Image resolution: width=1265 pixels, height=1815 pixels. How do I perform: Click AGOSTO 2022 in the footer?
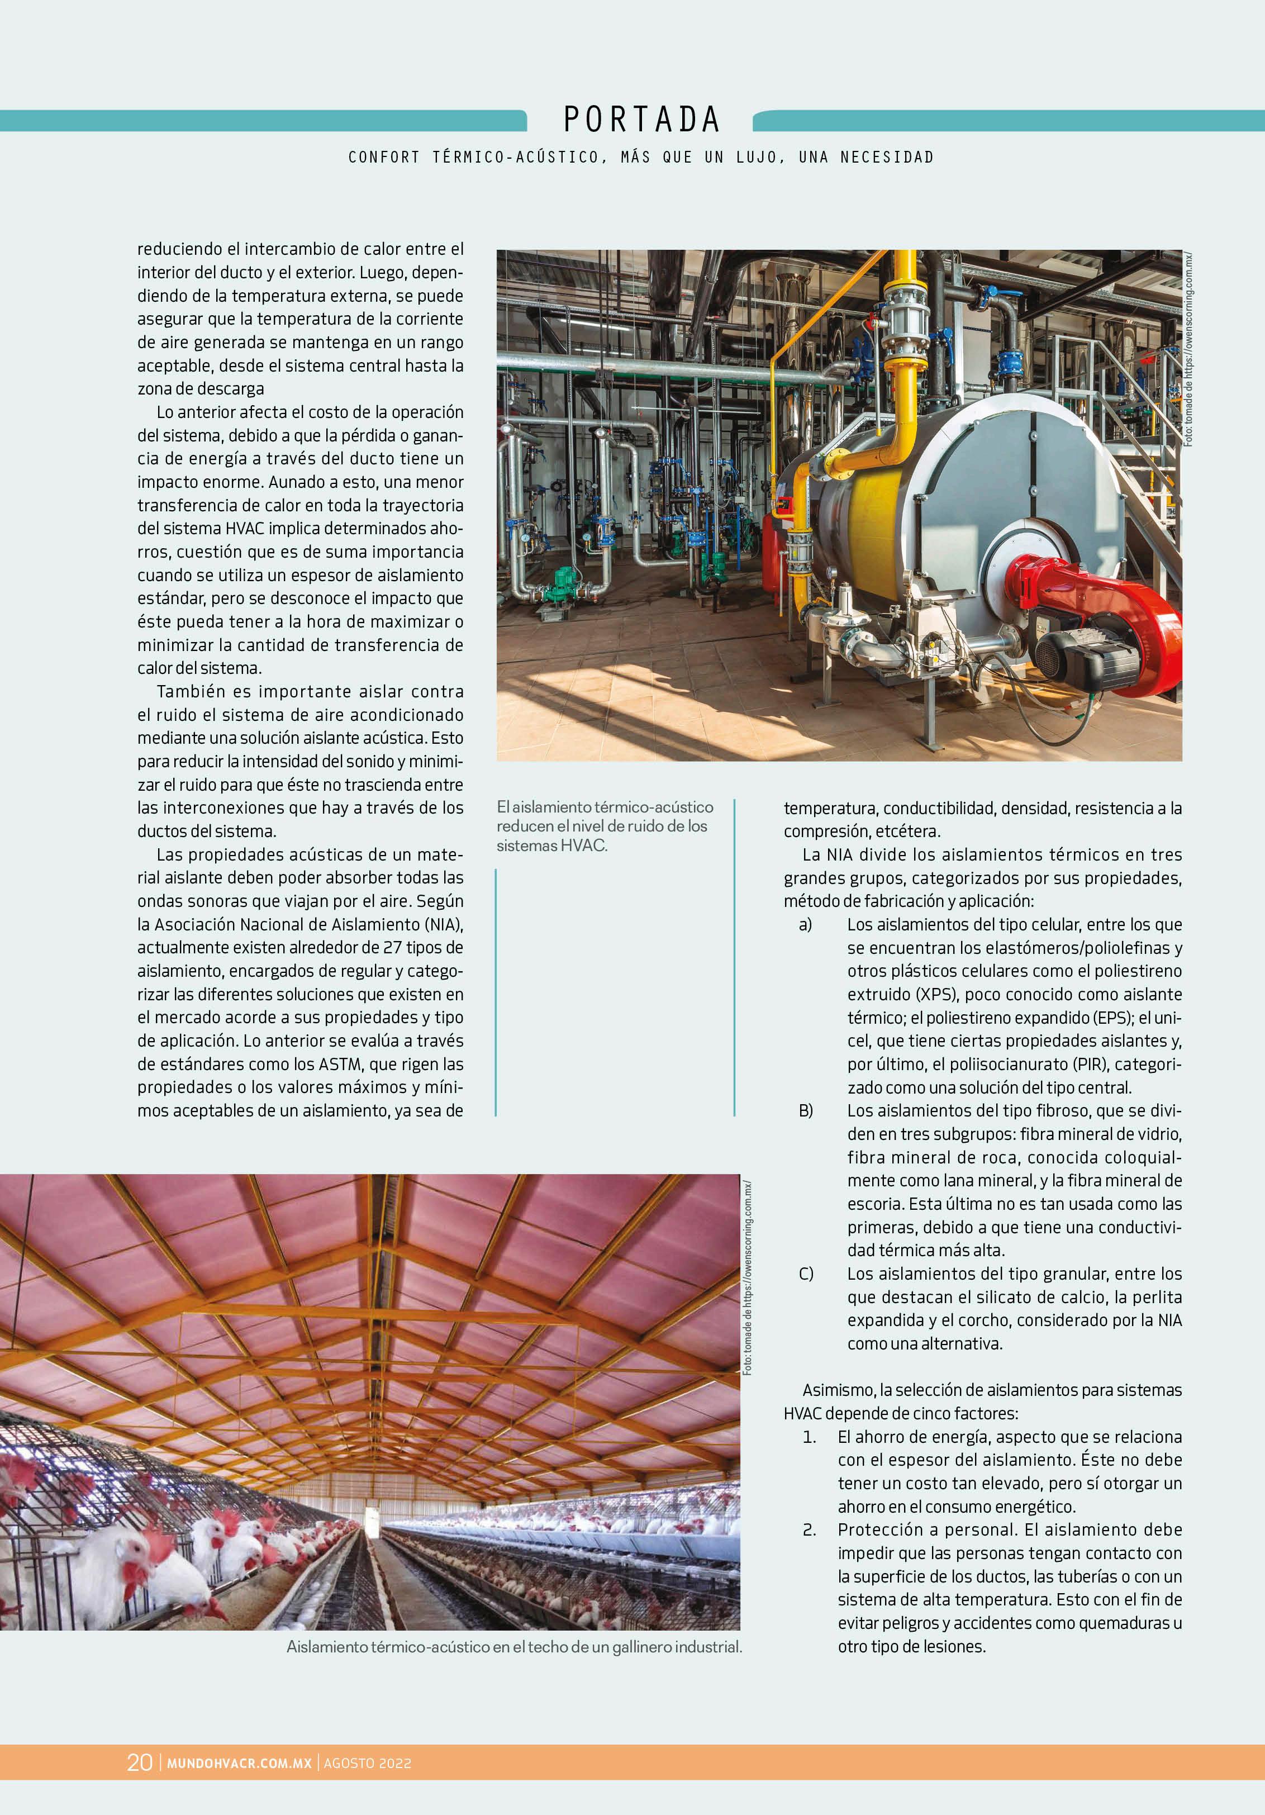(x=368, y=1763)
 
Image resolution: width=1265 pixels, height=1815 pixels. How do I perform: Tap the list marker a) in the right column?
(x=805, y=924)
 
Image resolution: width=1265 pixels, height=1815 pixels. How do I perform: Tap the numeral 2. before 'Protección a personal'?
(x=809, y=1529)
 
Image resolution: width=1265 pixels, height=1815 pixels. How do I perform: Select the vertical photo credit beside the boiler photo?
(x=1188, y=348)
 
